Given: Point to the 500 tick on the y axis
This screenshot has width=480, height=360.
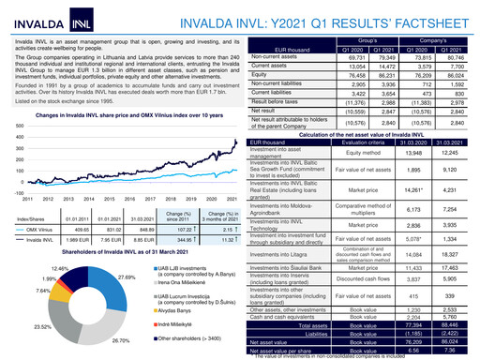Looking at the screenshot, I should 20,125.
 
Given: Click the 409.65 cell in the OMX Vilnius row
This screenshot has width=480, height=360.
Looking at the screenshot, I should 77,228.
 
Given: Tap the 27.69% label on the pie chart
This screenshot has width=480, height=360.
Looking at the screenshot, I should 127,278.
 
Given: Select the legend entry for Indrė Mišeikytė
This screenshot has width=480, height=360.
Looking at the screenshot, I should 182,322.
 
